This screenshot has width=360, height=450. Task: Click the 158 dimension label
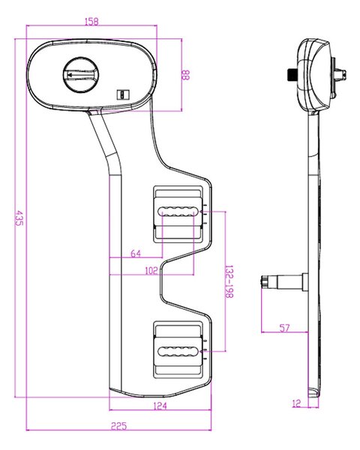pos(91,22)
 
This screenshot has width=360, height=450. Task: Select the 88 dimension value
pos(186,75)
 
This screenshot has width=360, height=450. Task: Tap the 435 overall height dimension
pos(19,218)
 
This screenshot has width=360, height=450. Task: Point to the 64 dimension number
pos(136,253)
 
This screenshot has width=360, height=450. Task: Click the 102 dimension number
pos(151,271)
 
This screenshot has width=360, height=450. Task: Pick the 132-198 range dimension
pos(229,281)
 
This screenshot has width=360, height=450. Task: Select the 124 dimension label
pos(160,406)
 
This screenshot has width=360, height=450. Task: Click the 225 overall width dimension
pos(118,426)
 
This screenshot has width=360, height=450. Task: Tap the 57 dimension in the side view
pos(284,328)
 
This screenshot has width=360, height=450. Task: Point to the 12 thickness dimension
pos(296,403)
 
